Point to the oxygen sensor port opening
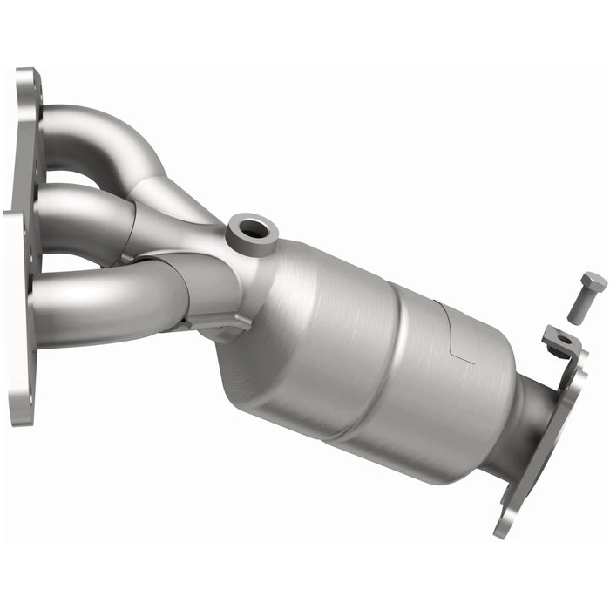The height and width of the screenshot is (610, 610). tap(252, 230)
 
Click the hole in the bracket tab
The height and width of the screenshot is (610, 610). tap(563, 339)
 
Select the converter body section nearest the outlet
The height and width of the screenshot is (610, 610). tap(444, 392)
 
